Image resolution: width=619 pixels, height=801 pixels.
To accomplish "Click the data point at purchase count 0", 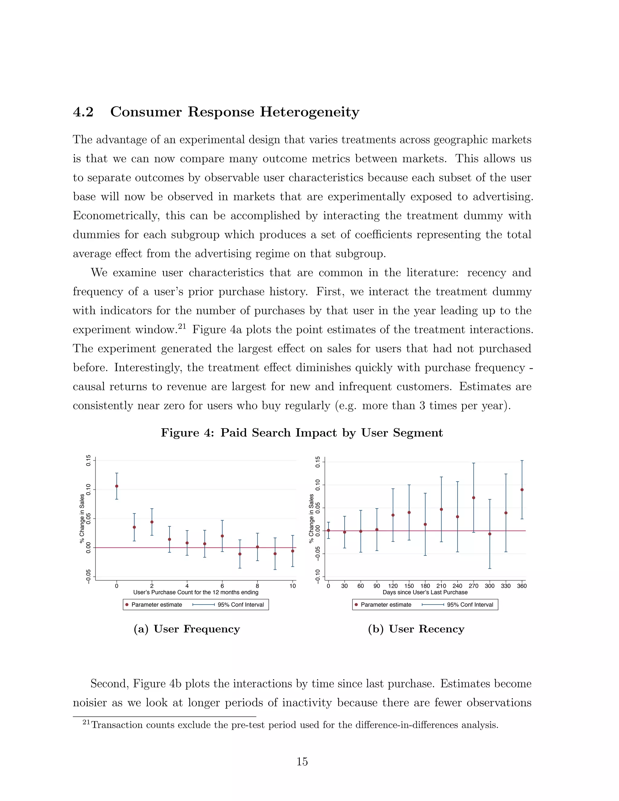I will tap(117, 486).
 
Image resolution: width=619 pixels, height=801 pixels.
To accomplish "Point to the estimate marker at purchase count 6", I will tap(222, 536).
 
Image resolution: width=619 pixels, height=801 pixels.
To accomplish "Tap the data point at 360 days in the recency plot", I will tap(522, 490).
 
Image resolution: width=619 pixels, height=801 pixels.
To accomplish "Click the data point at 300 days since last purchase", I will tap(490, 534).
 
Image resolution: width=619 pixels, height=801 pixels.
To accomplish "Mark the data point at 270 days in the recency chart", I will tap(473, 498).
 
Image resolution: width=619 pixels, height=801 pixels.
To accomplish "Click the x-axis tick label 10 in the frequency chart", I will tap(292, 586).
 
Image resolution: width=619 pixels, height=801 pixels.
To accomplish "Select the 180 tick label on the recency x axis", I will tap(425, 586).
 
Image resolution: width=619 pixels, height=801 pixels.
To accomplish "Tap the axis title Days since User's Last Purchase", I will tap(425, 592).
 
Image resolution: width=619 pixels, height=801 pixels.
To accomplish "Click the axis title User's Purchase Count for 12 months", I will tap(196, 592).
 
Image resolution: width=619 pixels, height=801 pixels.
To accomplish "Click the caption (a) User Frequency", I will tap(187, 629).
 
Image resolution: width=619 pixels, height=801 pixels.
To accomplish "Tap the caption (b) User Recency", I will tap(416, 629).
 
